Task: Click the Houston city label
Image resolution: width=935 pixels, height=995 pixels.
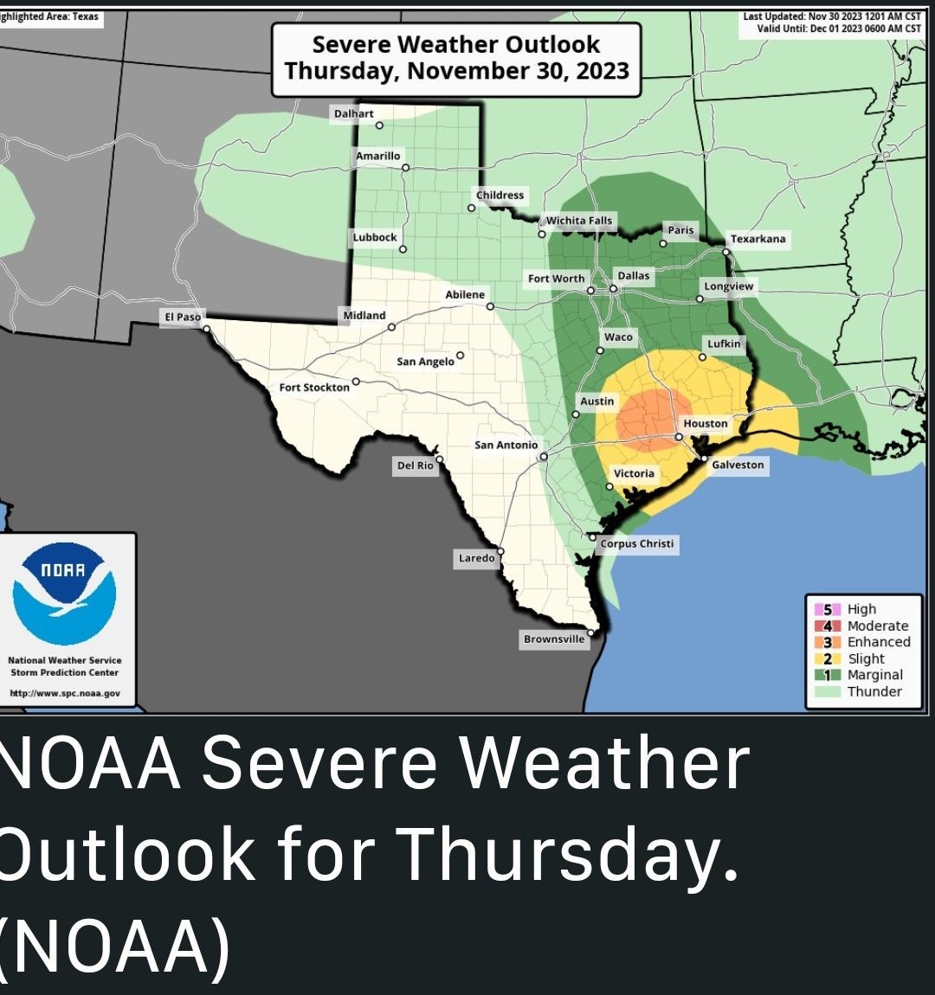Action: pos(706,423)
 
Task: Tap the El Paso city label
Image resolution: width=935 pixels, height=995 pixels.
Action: pos(183,317)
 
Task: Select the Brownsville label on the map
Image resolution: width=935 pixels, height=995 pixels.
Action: pos(554,639)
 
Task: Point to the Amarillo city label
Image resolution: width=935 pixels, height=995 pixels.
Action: pos(378,156)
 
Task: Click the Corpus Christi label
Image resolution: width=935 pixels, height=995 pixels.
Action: pos(636,543)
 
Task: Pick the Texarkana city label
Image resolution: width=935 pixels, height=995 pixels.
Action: pos(758,239)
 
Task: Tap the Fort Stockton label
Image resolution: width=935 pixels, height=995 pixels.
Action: pos(314,387)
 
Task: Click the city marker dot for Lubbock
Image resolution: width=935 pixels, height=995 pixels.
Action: pos(403,249)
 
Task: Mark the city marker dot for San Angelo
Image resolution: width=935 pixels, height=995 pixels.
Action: pos(460,355)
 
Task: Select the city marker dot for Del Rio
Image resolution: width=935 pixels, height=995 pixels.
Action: pos(439,459)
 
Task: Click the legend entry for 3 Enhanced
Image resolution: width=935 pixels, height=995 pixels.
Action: pos(867,642)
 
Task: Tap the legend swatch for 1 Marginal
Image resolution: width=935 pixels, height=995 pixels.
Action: pos(827,675)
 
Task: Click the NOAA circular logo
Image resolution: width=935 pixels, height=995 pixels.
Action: pos(65,593)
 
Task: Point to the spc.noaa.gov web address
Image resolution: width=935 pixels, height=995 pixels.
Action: pos(65,693)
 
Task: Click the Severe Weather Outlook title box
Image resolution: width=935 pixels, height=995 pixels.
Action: pos(456,58)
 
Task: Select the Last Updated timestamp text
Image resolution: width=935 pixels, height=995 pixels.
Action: pos(832,16)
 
